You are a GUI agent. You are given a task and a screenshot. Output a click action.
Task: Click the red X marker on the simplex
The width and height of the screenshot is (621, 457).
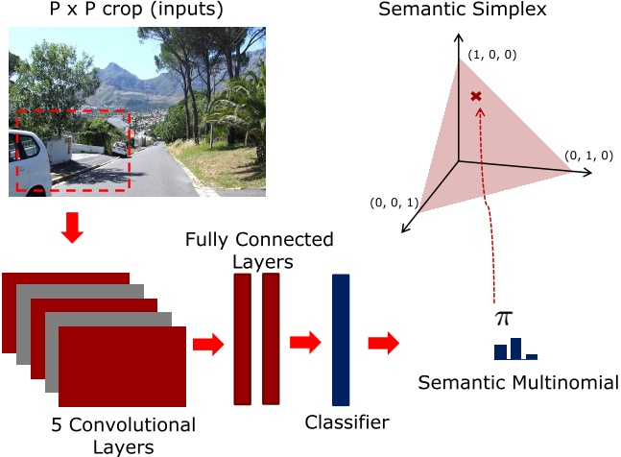coord(475,97)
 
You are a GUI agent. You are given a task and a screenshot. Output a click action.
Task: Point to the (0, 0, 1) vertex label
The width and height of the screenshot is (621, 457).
coord(394,203)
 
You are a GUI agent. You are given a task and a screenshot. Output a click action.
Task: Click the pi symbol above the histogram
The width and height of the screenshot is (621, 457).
coord(504,317)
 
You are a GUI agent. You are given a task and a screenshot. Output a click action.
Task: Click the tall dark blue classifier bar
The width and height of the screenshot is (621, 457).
coord(341,339)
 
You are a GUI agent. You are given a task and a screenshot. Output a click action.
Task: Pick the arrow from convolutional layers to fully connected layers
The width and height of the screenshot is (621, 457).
coord(206,345)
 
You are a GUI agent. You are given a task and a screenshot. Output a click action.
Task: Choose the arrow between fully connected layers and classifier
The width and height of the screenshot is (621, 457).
coord(304,342)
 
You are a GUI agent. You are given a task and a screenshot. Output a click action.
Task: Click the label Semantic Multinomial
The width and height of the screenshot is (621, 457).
coord(518,383)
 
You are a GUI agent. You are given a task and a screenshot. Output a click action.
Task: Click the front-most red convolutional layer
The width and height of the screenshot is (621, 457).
coord(121,366)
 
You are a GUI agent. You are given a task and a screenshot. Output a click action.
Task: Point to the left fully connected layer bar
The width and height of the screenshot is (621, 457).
coord(242,338)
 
